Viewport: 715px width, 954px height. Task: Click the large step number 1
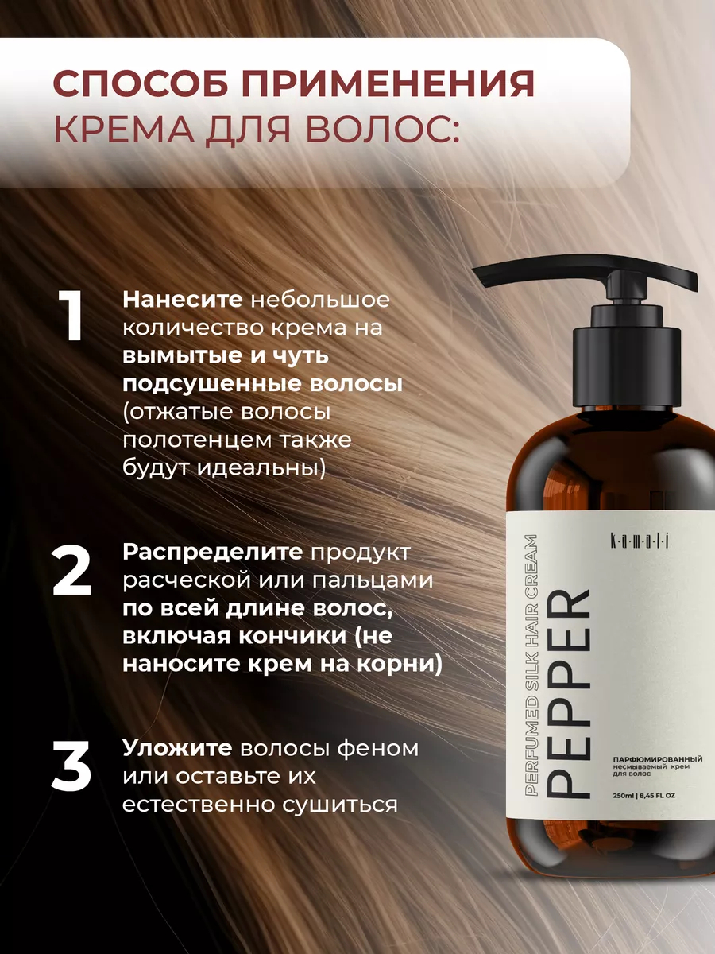(71, 316)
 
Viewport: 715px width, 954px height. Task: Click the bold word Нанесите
(183, 300)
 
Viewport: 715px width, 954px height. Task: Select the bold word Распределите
(213, 552)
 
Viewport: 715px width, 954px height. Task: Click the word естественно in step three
(198, 805)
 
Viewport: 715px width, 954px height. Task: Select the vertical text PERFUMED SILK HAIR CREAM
(531, 665)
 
